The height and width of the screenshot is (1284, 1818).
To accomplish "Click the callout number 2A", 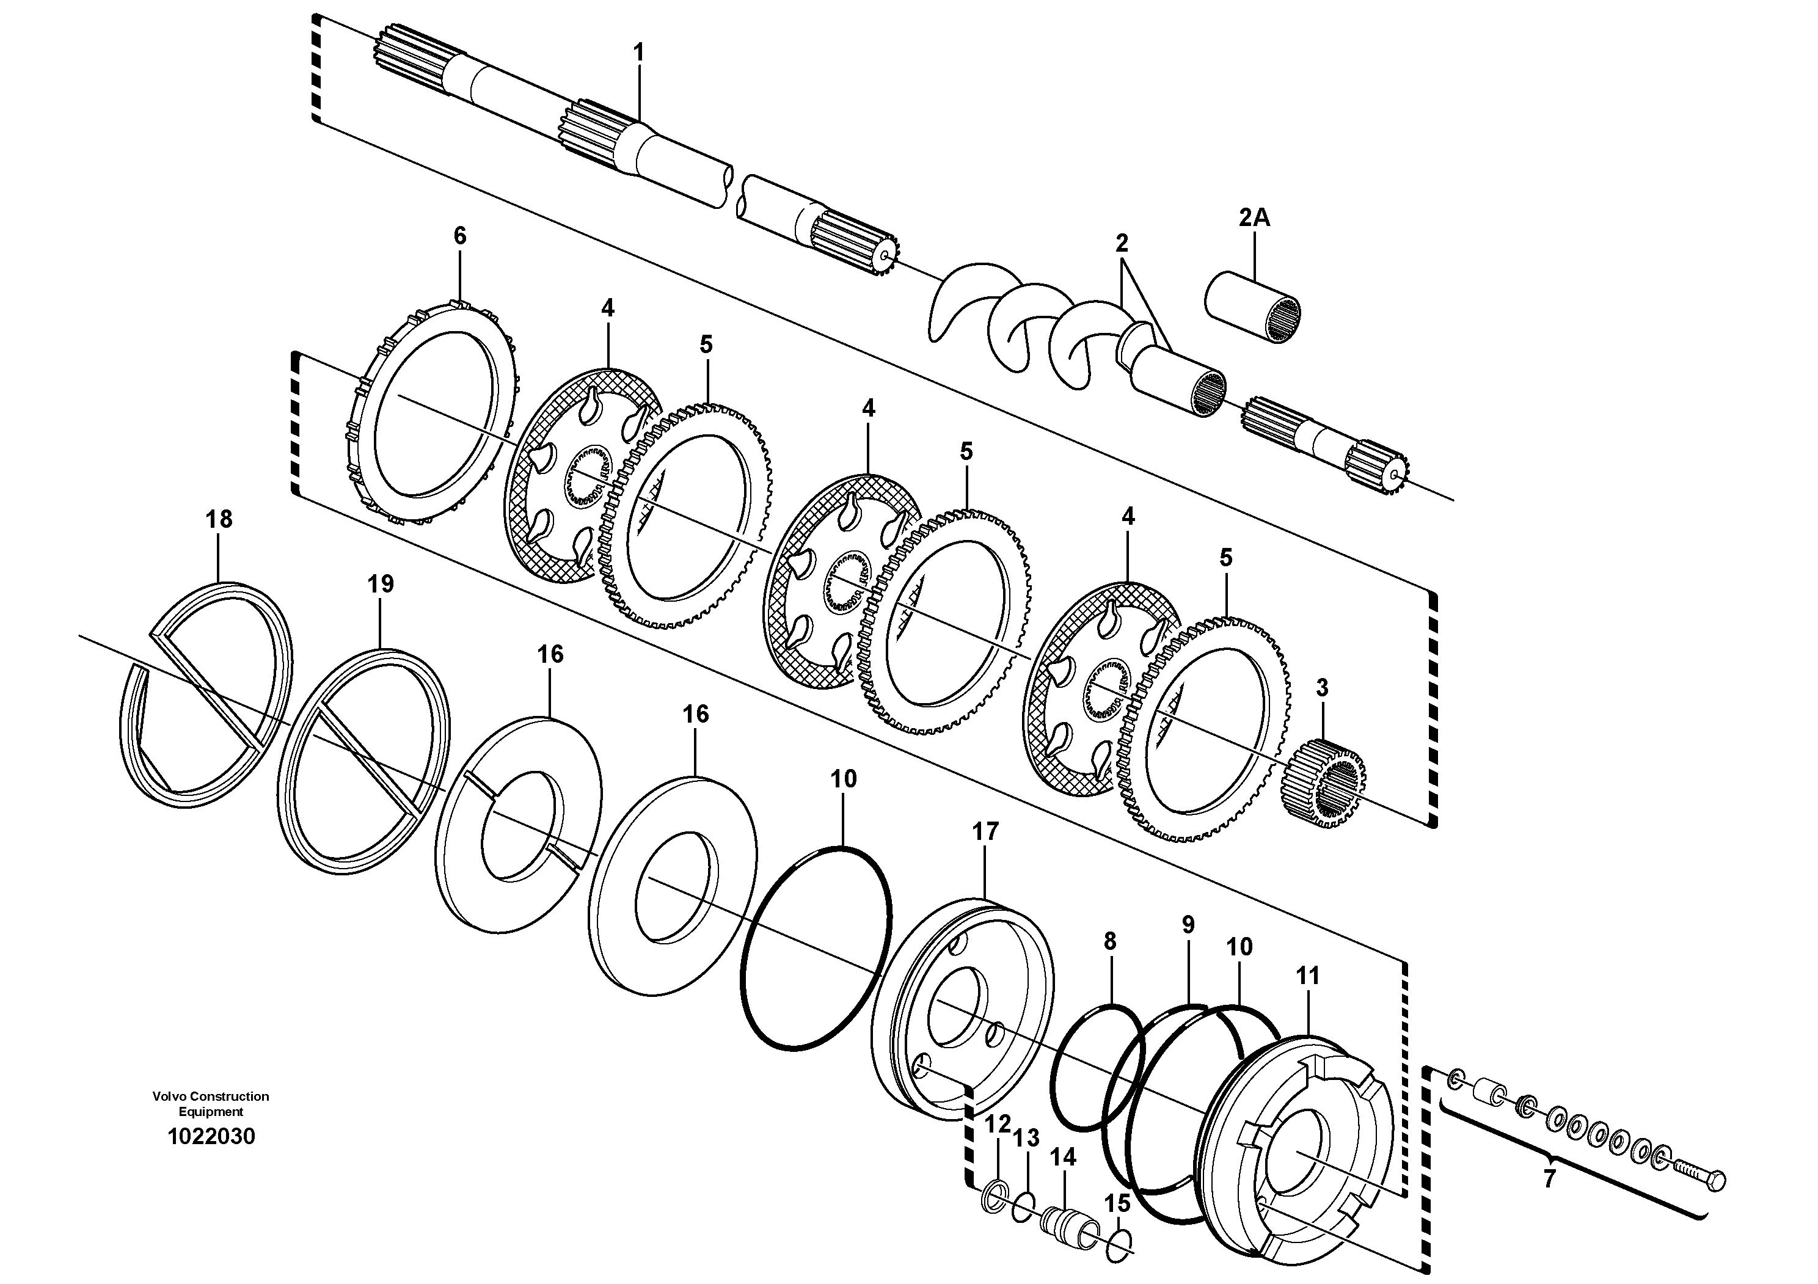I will coord(1254,217).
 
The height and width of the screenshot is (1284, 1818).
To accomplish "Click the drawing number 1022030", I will coord(211,1137).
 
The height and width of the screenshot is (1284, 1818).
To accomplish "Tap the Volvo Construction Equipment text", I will coord(211,1104).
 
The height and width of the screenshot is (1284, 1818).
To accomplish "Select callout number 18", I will coord(219,519).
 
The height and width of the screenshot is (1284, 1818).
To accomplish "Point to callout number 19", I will coord(380,584).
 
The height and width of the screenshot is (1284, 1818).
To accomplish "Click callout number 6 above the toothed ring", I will coord(460,235).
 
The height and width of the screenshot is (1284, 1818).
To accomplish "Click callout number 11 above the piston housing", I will coord(1307,976).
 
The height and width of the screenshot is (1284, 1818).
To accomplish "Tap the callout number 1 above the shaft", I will coord(639,53).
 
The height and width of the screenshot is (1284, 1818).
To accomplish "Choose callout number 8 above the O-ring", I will coord(1109,941).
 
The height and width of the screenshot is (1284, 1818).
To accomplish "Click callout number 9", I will coord(1188,925).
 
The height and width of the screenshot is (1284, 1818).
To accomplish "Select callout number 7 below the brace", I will coord(1550,1178).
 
